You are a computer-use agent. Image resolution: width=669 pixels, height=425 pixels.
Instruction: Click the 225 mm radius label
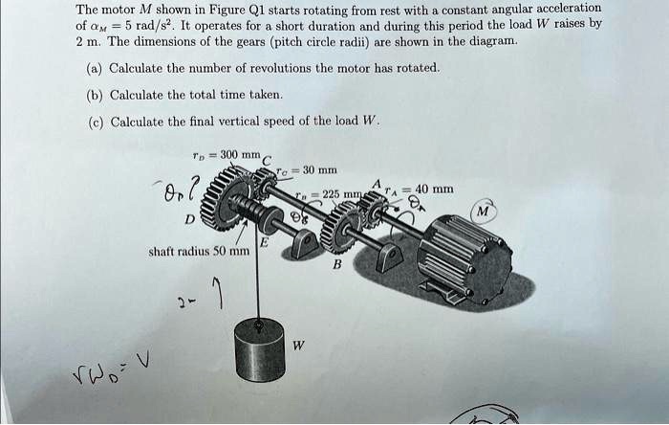331,193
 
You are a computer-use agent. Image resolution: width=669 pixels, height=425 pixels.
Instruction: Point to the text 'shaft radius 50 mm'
199,252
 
